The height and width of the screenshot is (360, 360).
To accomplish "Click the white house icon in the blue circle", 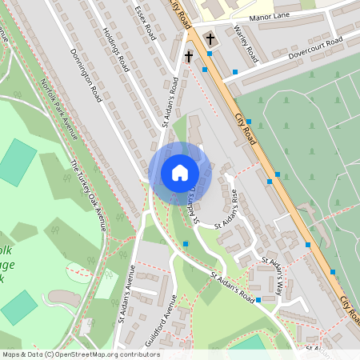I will click(179, 173).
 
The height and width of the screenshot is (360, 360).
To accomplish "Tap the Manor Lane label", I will click(271, 15).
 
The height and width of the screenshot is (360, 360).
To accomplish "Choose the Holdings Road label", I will click(116, 50).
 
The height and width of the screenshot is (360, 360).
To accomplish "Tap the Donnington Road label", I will click(86, 74).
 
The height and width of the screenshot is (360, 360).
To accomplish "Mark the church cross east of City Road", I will click(210, 38).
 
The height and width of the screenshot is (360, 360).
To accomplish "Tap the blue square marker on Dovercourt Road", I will click(235, 73).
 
